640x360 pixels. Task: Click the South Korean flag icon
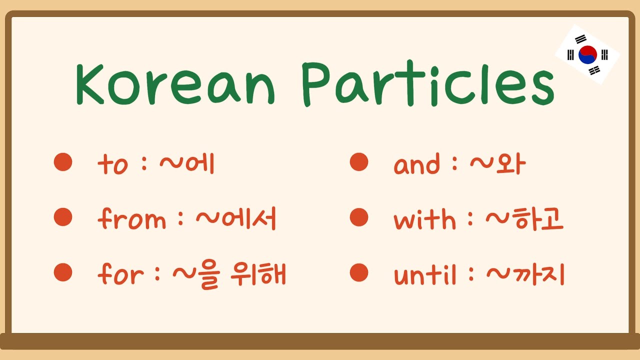point(587,54)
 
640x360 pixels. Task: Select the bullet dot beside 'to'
point(63,162)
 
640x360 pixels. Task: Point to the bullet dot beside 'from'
point(63,217)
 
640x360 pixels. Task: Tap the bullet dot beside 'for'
point(63,272)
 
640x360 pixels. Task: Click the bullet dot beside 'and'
point(359,162)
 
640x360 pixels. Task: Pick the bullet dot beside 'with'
point(359,217)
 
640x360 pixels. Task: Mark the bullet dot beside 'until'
point(359,272)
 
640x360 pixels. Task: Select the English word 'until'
point(425,274)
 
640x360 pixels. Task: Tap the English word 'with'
point(424,219)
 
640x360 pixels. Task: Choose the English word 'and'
point(417,164)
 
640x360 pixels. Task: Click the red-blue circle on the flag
point(587,54)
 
